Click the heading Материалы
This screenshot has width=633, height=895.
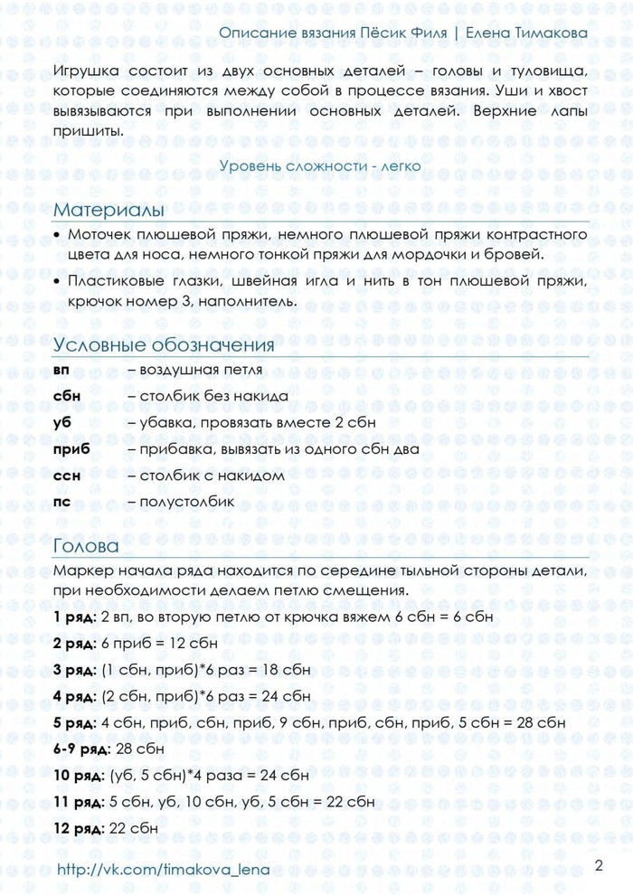(x=109, y=210)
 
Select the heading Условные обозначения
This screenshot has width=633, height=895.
(x=164, y=346)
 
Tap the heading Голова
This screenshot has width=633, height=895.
(x=86, y=546)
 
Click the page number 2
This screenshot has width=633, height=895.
(x=599, y=866)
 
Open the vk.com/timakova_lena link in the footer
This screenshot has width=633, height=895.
(x=164, y=870)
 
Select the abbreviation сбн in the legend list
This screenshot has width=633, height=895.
(x=67, y=396)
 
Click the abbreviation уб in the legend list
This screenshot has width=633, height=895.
(x=61, y=422)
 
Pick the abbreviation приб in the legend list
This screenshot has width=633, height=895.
(x=71, y=449)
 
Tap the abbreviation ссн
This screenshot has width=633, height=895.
(x=67, y=475)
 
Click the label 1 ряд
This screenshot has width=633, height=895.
(x=76, y=617)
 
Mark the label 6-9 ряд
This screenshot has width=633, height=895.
(x=82, y=749)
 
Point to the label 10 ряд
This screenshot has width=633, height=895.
(x=80, y=776)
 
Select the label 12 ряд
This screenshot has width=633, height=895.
(x=80, y=828)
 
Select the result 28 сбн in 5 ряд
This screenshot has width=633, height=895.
(x=534, y=723)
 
